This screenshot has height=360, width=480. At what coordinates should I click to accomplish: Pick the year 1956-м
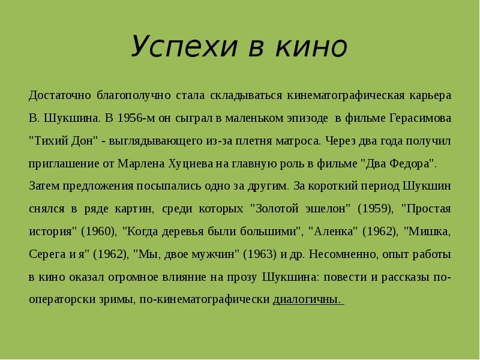tap(138, 118)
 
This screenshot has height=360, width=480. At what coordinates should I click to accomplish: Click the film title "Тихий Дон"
tap(64, 141)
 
